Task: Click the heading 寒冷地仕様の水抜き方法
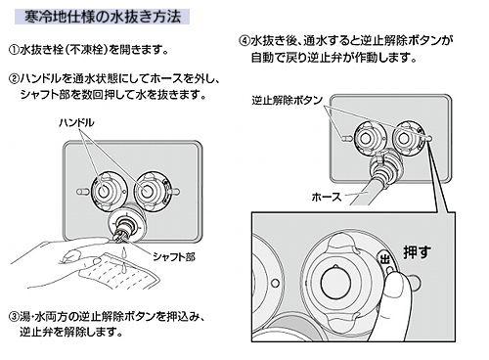103,17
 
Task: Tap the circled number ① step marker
14,50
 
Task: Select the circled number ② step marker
14,78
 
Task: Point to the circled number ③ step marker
14,316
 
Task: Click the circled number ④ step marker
244,41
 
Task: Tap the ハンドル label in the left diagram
76,123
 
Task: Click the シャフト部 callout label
174,257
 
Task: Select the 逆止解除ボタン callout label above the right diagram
288,100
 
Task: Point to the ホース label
327,197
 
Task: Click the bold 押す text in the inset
417,252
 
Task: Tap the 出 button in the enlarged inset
385,259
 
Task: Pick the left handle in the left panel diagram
104,191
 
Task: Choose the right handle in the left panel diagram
148,191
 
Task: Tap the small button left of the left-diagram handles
82,192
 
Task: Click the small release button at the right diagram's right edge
428,138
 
